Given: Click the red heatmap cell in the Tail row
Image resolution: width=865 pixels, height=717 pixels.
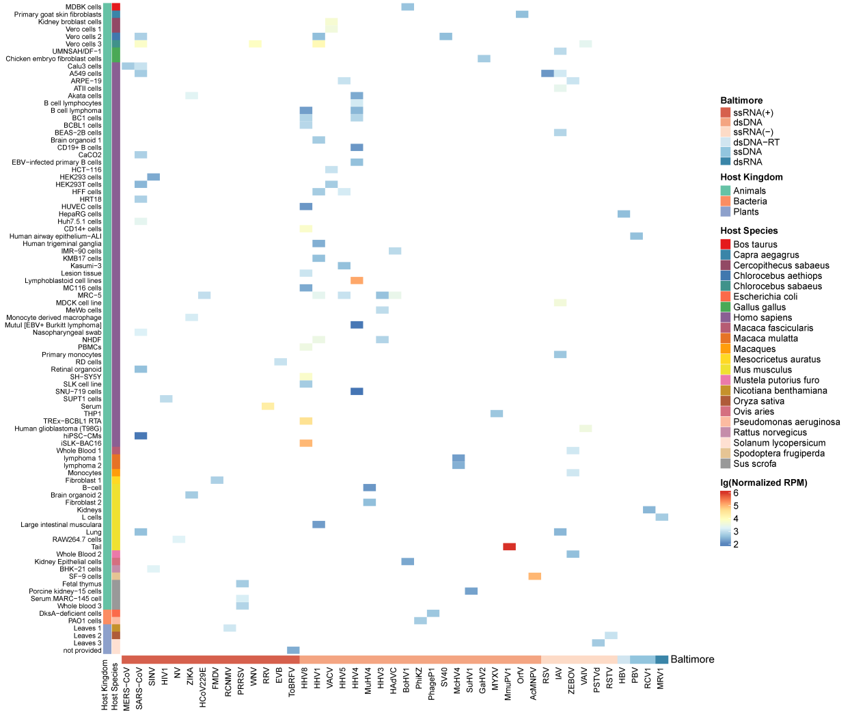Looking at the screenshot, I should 509,547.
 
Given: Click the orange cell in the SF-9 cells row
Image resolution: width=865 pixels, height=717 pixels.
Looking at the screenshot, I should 534,576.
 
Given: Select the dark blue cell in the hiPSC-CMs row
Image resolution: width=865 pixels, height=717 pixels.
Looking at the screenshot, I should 141,436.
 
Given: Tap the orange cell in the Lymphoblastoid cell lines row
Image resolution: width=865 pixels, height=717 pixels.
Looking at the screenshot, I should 357,280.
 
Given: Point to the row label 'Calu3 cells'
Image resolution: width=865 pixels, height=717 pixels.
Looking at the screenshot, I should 84,66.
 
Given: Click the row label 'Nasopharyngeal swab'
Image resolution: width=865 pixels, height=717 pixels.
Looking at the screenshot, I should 67,333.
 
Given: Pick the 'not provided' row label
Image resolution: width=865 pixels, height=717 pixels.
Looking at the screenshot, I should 82,650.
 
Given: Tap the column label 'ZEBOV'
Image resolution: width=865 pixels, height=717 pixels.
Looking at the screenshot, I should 573,683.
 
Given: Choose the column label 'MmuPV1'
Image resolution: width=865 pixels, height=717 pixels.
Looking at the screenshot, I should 509,684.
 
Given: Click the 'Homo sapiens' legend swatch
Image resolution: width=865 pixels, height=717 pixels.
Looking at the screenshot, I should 726,318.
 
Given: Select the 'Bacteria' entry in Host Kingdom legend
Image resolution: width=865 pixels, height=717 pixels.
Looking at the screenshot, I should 750,202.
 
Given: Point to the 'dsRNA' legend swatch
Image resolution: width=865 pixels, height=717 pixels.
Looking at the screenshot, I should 726,162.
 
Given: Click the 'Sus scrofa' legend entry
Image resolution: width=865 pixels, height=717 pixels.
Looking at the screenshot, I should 754,464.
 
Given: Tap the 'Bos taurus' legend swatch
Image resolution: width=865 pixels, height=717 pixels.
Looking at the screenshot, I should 726,245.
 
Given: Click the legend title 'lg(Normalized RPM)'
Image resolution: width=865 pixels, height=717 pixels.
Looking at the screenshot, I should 763,483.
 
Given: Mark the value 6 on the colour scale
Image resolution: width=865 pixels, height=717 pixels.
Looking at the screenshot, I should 736,493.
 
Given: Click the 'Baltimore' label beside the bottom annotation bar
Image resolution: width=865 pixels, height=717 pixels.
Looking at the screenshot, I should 692,660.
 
